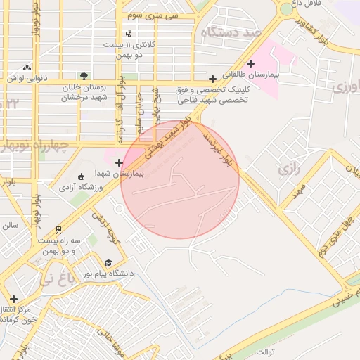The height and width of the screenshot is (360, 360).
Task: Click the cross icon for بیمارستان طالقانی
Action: pos(251,64)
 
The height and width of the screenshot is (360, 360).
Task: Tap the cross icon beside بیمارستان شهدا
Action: pos(127,162)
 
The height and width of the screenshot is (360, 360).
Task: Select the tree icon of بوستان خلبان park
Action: pos(84,75)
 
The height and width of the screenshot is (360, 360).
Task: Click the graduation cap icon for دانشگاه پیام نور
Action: pos(108,262)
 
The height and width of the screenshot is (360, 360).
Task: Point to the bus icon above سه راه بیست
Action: pos(58,229)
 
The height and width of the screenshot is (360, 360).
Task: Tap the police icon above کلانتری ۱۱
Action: pos(128,34)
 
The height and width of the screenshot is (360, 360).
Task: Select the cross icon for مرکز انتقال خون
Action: pos(13,298)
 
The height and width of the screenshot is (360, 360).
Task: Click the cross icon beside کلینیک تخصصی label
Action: pos(213,79)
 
